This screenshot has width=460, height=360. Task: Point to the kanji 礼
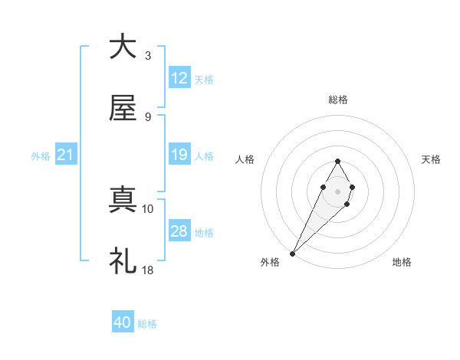(x=122, y=261)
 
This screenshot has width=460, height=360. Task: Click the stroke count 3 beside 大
(x=148, y=55)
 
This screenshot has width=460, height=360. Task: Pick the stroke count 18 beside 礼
(x=148, y=270)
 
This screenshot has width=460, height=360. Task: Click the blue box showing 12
(x=179, y=78)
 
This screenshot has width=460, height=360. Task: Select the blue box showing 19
(x=179, y=155)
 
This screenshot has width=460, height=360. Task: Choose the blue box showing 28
(x=179, y=231)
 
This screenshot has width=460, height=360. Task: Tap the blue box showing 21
(x=66, y=155)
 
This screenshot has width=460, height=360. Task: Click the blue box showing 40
(x=123, y=323)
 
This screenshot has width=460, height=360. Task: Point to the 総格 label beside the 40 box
(x=147, y=324)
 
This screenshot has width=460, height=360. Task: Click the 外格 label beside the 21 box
(x=41, y=156)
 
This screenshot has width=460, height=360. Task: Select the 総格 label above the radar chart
(x=337, y=100)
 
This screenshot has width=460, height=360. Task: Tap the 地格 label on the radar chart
(x=402, y=262)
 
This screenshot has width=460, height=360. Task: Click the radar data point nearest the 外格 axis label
(x=293, y=253)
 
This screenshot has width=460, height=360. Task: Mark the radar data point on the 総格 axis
(x=337, y=161)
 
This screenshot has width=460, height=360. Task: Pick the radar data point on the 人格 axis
(x=322, y=186)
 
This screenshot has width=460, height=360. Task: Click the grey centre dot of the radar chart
(x=337, y=191)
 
